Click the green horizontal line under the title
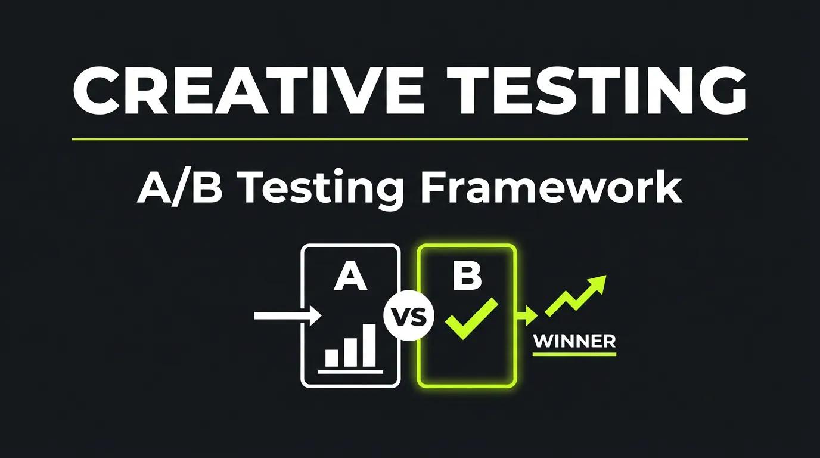[x=410, y=140]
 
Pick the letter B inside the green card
[x=467, y=276]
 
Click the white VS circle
[x=409, y=316]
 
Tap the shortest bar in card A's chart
[x=332, y=357]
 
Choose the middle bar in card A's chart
[x=350, y=351]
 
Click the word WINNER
[x=574, y=341]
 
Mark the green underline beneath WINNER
[x=574, y=354]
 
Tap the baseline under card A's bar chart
[x=350, y=372]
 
